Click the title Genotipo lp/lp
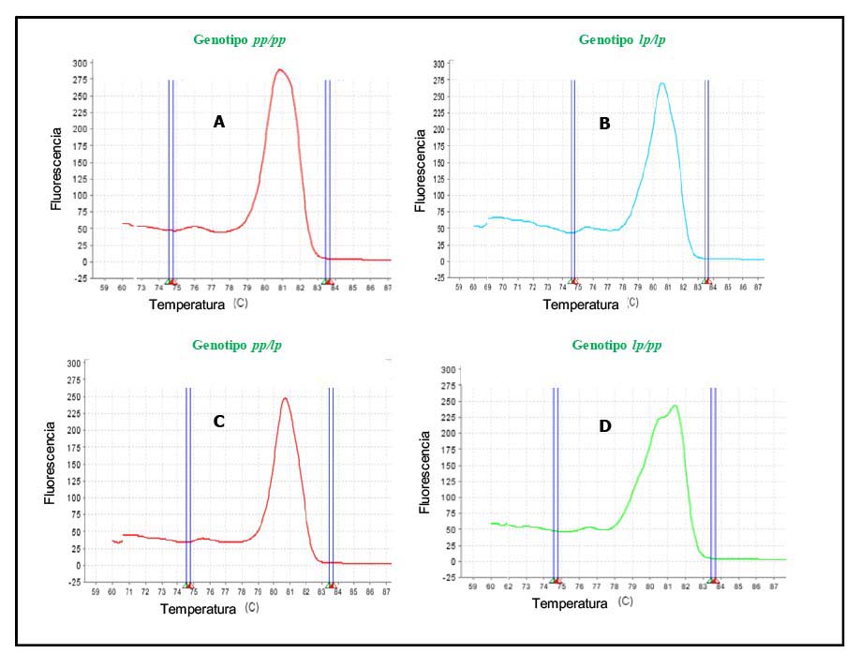(x=622, y=40)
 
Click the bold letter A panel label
(x=218, y=122)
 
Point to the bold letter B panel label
(x=604, y=122)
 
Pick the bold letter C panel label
(x=218, y=422)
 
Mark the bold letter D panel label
(x=605, y=426)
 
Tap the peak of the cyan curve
(x=662, y=83)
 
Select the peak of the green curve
(x=675, y=406)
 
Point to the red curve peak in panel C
(x=285, y=398)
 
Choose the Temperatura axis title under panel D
(x=570, y=604)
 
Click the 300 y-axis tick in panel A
(x=82, y=63)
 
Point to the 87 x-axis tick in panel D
(x=773, y=586)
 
